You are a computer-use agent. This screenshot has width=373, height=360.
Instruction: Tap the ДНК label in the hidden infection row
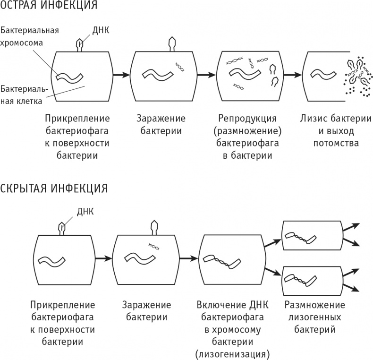85,211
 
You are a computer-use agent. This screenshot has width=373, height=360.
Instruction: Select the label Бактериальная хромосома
29,36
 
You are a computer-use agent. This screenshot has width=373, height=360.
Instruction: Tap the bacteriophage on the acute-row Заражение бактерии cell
171,44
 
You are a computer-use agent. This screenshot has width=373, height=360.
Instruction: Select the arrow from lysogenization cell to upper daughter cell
271,242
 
